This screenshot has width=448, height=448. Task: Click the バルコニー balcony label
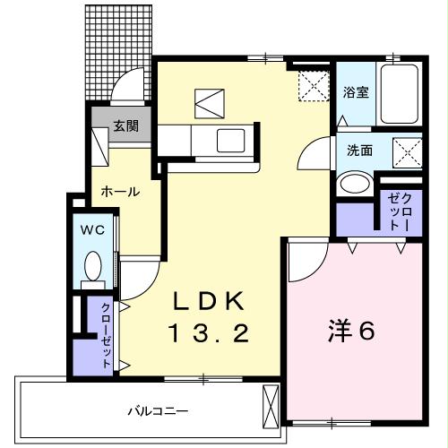pyautogui.click(x=157, y=411)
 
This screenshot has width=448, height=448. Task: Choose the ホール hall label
pyautogui.click(x=118, y=191)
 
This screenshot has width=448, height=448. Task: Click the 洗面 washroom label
pyautogui.click(x=359, y=151)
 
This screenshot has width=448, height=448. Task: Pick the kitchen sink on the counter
pyautogui.click(x=232, y=141)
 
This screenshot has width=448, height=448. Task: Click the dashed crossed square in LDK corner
pyautogui.click(x=314, y=86)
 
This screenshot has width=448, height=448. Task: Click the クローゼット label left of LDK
pyautogui.click(x=105, y=335)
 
